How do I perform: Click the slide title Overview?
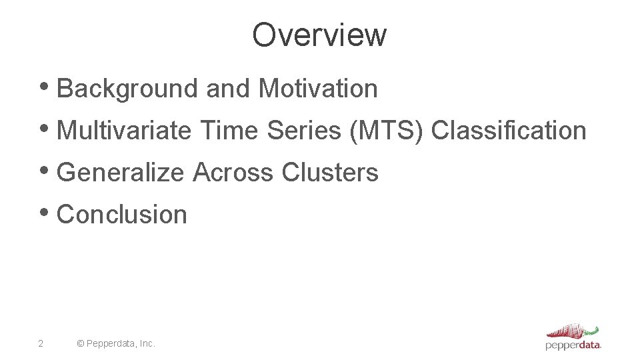click(x=319, y=35)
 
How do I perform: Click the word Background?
click(x=127, y=89)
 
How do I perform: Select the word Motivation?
click(x=318, y=89)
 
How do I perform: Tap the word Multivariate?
click(x=124, y=131)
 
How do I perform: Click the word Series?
click(x=304, y=131)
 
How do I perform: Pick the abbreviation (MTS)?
click(x=386, y=131)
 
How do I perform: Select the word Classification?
click(x=509, y=131)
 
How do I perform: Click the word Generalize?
click(x=120, y=173)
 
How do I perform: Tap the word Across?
click(x=233, y=173)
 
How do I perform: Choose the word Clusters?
click(x=330, y=173)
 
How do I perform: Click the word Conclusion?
click(x=122, y=215)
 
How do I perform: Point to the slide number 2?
click(x=41, y=343)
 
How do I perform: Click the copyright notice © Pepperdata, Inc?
click(x=116, y=343)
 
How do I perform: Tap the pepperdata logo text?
click(x=573, y=345)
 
